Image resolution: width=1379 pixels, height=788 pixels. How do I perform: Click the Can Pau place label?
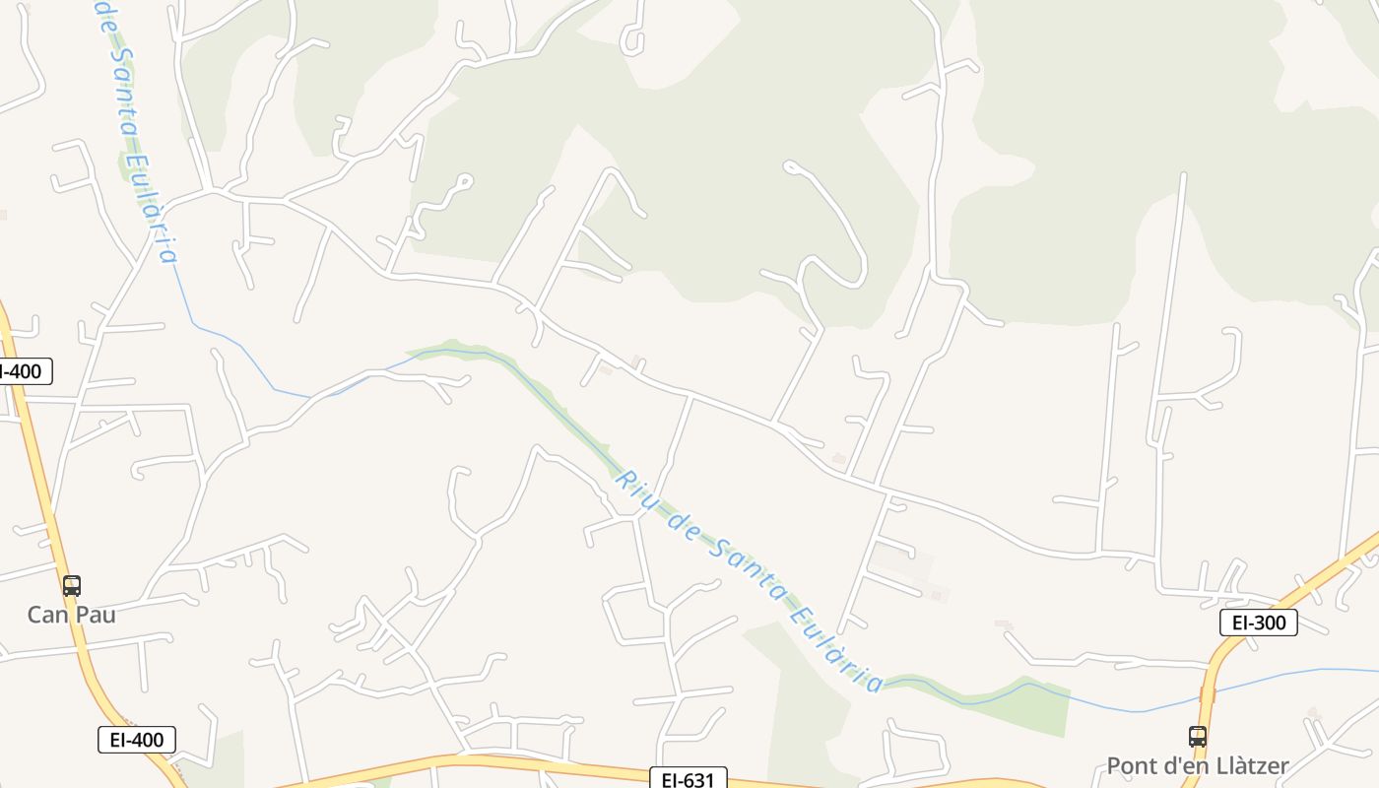point(71,615)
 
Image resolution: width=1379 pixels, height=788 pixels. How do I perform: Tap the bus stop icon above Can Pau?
point(71,586)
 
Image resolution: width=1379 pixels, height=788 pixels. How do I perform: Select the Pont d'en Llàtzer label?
point(1197,765)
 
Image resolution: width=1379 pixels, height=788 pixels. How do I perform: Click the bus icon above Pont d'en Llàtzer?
point(1197,736)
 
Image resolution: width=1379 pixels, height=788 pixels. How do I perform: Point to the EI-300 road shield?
point(1258,623)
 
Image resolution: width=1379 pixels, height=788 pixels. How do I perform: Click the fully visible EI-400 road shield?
point(137,740)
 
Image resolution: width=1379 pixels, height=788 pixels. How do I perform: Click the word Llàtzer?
point(1242,765)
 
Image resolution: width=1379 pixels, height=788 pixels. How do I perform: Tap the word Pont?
point(1131,765)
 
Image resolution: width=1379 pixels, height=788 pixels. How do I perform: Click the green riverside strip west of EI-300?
point(1024,701)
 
